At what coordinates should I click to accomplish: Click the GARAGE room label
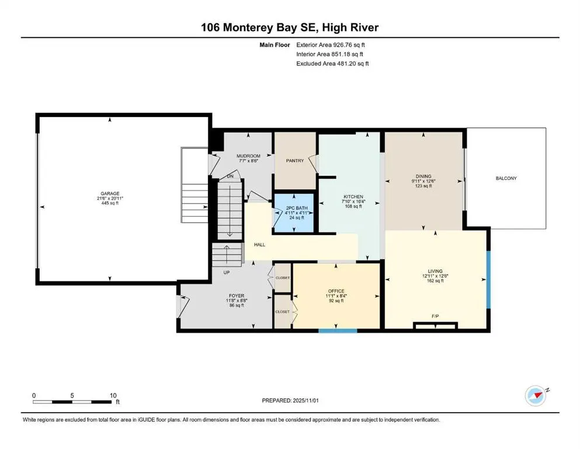click(x=110, y=194)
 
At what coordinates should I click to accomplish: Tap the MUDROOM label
click(x=248, y=156)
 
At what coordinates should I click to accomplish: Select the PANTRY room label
click(x=295, y=161)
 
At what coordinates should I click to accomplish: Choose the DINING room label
click(x=423, y=176)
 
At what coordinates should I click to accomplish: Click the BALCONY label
click(x=506, y=178)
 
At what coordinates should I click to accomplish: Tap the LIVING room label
click(x=435, y=271)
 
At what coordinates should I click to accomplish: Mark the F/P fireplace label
click(x=435, y=316)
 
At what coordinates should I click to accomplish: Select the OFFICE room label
click(x=336, y=291)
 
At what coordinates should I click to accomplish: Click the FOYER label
click(x=237, y=296)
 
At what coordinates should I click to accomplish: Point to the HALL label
click(x=260, y=244)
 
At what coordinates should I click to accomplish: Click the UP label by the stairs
click(x=226, y=272)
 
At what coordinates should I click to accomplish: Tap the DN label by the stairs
click(x=230, y=175)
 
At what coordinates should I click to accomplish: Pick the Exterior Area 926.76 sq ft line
click(x=334, y=44)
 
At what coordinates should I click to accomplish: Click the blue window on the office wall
click(x=338, y=331)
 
